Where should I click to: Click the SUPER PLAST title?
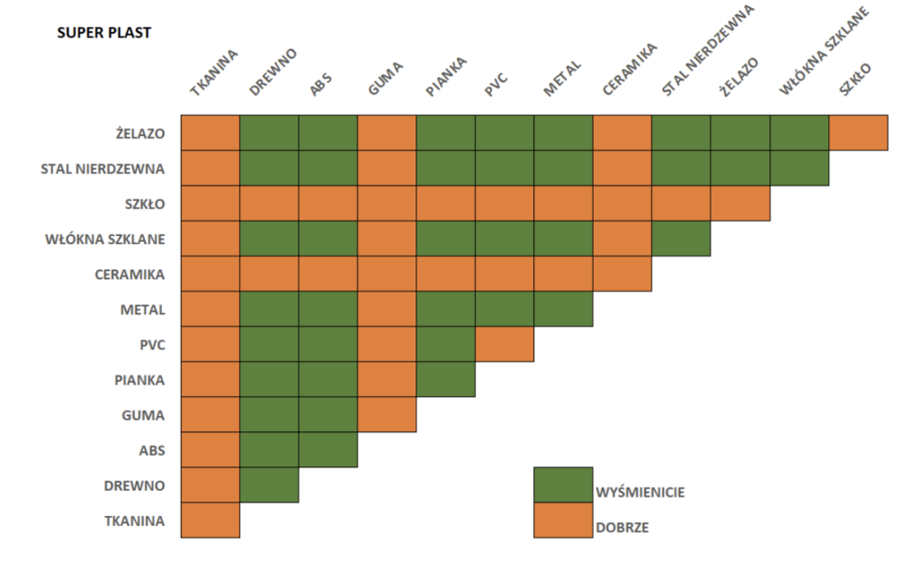(103, 33)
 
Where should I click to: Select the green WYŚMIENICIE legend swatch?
(563, 484)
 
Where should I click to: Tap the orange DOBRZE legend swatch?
(563, 519)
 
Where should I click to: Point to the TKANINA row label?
(134, 519)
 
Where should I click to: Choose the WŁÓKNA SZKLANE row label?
(104, 239)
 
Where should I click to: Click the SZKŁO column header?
(855, 78)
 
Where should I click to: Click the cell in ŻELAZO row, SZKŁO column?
(858, 133)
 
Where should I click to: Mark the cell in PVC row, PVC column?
(505, 344)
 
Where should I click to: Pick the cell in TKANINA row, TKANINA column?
(210, 519)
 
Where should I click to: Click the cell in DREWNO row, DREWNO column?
(269, 484)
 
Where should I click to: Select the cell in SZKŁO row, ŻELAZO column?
(740, 203)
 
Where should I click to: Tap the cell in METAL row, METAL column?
(563, 309)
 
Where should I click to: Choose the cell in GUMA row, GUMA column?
(387, 414)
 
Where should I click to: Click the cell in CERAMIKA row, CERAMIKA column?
(622, 274)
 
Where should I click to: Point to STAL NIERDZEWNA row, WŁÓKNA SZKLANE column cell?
(800, 168)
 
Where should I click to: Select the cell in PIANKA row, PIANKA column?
(445, 379)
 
